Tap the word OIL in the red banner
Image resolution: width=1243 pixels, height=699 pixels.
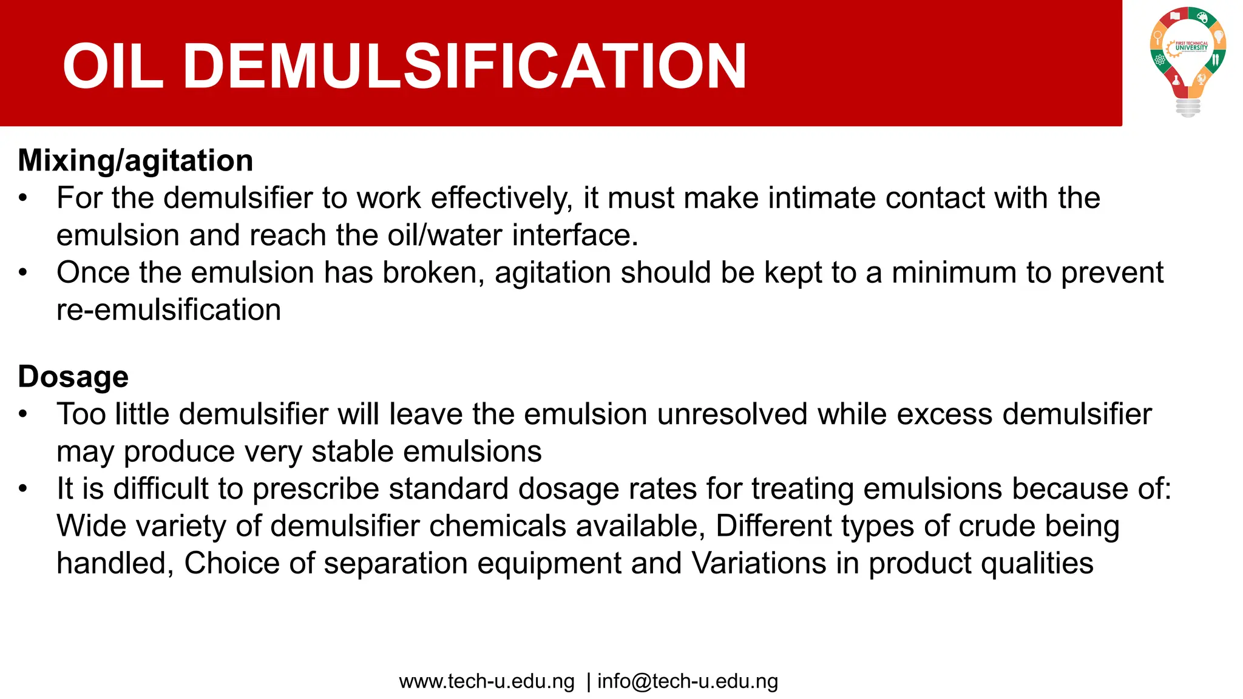(113, 66)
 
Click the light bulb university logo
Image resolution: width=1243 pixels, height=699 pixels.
(1188, 61)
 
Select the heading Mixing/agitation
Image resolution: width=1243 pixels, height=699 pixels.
(135, 161)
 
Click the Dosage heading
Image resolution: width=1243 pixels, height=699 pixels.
(73, 377)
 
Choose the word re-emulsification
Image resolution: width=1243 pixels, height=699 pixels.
(169, 310)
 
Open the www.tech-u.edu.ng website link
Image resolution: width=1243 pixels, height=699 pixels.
(487, 681)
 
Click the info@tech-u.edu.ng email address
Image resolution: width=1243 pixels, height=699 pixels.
(688, 681)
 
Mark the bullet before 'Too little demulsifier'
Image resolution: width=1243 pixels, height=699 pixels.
(23, 414)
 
